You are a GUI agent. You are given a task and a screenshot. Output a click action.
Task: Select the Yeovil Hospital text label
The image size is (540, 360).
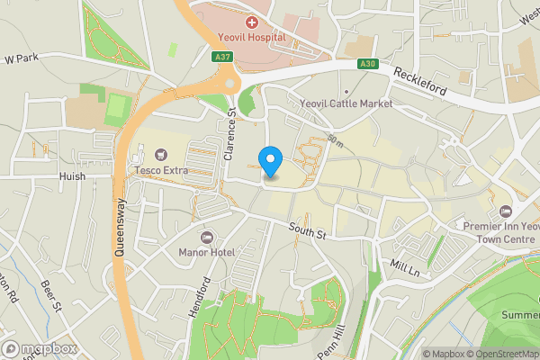click(251, 38)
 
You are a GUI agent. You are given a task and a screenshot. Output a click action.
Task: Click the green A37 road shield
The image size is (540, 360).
click(224, 57)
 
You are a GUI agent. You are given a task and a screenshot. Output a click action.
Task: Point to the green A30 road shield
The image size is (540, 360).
click(366, 64)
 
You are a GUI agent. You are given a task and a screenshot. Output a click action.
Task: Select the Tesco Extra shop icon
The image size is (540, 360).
click(161, 155)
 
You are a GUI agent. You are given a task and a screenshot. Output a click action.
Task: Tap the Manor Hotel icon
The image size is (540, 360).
click(206, 237)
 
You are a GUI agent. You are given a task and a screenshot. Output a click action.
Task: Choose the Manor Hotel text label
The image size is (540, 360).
click(206, 252)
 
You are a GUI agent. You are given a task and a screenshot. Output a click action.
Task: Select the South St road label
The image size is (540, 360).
click(306, 230)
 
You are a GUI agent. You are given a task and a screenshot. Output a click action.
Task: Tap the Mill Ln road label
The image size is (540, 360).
click(406, 267)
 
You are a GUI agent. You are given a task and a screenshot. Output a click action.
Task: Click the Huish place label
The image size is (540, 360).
click(72, 176)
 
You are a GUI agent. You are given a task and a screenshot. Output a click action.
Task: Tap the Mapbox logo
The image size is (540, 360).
click(39, 348)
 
